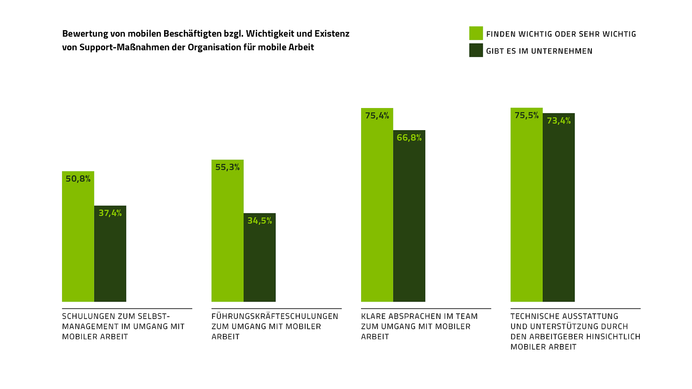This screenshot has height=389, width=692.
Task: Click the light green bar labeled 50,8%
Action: point(78,240)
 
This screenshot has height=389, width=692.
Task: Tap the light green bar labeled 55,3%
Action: point(228,235)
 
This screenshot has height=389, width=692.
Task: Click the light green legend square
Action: point(476,33)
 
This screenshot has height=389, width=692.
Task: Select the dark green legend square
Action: point(476,50)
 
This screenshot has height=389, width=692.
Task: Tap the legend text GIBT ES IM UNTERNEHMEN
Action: point(539,51)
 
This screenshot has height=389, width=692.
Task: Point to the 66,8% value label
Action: point(409,138)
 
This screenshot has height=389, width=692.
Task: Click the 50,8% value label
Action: point(78,179)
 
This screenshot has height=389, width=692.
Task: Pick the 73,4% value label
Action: point(558,121)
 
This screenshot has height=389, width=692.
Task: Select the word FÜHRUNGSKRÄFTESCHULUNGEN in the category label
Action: point(275,316)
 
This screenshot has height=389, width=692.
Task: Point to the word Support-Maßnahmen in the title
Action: point(133,47)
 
